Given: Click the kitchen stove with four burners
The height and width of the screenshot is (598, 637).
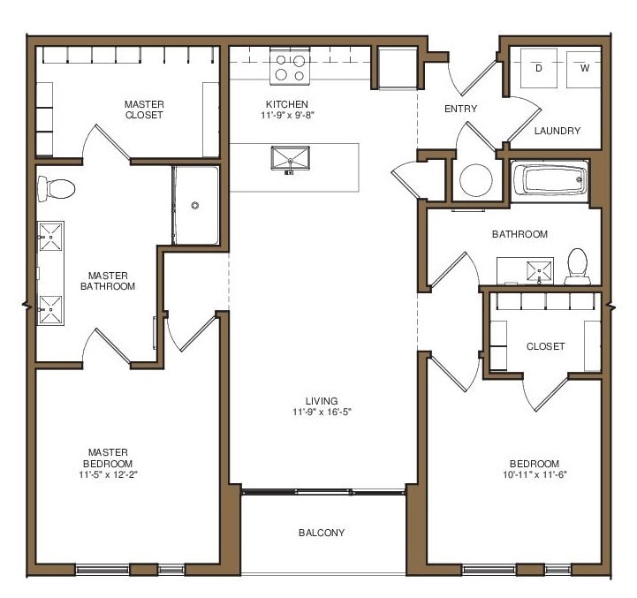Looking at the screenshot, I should pyautogui.click(x=291, y=68).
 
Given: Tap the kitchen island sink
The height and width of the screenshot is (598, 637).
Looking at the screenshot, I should pyautogui.click(x=291, y=161).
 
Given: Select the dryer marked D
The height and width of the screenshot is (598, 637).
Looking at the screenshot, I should pyautogui.click(x=539, y=70).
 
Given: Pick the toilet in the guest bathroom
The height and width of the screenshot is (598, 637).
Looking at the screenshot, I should pyautogui.click(x=577, y=265).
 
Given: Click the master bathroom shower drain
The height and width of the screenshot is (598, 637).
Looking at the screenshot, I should pyautogui.click(x=195, y=205).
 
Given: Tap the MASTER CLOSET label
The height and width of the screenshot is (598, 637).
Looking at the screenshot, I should pyautogui.click(x=143, y=110).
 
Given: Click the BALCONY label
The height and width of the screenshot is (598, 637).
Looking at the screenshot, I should pyautogui.click(x=321, y=533).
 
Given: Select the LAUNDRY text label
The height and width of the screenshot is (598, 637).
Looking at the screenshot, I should pyautogui.click(x=557, y=131).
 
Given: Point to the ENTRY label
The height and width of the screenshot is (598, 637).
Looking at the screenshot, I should pyautogui.click(x=460, y=109).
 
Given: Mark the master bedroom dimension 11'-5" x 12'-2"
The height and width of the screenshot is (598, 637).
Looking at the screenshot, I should pyautogui.click(x=109, y=474).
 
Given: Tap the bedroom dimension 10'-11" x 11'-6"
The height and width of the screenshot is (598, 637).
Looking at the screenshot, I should pyautogui.click(x=534, y=474).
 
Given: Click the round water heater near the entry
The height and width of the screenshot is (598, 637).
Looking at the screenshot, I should pyautogui.click(x=476, y=180).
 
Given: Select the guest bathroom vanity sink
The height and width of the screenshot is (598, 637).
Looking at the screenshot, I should pyautogui.click(x=539, y=269).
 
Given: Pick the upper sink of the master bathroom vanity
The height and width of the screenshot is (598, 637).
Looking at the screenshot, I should pyautogui.click(x=49, y=236).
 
